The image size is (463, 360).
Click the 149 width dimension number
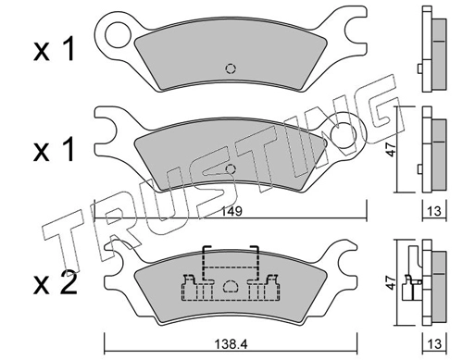pyautogui.click(x=231, y=212)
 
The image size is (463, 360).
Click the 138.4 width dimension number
pyautogui.click(x=231, y=343)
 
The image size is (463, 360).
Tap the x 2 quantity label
pyautogui.click(x=56, y=282)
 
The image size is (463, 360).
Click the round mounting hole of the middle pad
pyautogui.click(x=344, y=135)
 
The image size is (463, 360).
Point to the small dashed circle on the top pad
pyautogui.click(x=231, y=68)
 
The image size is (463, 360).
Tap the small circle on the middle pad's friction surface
pyautogui.click(x=231, y=169)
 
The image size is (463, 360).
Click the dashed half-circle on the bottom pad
pyautogui.click(x=231, y=286)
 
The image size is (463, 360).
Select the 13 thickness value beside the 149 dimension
pyautogui.click(x=434, y=211)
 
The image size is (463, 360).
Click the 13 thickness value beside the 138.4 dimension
pyautogui.click(x=434, y=343)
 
